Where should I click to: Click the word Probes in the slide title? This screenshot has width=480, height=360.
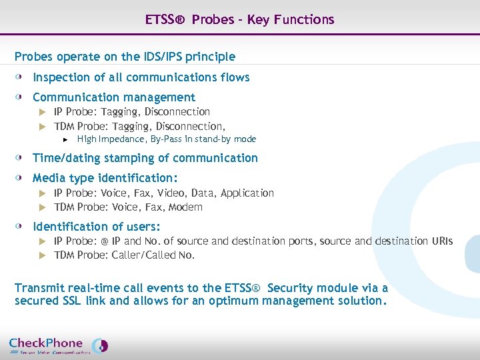click(x=209, y=19)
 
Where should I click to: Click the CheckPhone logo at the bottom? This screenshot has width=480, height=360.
click(x=58, y=345)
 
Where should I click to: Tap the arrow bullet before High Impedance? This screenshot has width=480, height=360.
click(x=65, y=139)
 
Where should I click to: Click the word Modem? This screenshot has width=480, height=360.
click(x=185, y=207)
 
